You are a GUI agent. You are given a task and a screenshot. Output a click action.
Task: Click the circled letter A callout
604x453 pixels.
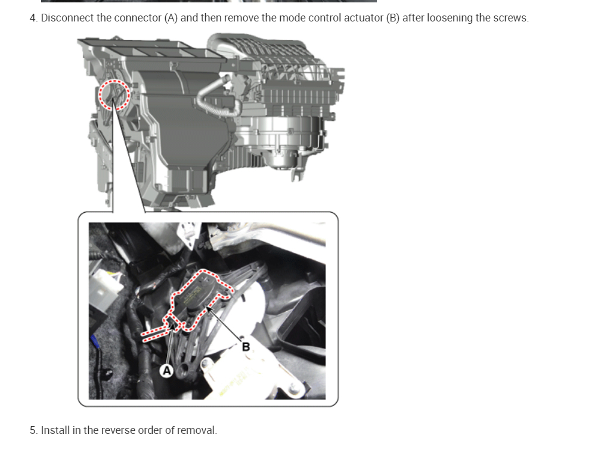click(x=167, y=371)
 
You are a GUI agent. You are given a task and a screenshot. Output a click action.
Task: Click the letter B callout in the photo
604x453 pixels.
click(x=245, y=346)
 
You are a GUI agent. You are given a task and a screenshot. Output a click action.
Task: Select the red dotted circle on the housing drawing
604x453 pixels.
click(x=113, y=95)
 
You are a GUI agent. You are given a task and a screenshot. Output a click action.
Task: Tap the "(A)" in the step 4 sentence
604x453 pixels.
click(x=171, y=18)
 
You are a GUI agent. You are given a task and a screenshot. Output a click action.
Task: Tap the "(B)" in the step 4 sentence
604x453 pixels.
click(x=392, y=18)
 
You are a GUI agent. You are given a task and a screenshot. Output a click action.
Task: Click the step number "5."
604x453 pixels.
click(x=34, y=430)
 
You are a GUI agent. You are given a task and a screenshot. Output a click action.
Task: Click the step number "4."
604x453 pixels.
click(x=34, y=18)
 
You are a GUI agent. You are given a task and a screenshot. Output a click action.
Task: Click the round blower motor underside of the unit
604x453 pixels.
click(x=280, y=152)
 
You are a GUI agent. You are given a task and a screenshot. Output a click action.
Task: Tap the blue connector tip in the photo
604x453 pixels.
click(x=94, y=342)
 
